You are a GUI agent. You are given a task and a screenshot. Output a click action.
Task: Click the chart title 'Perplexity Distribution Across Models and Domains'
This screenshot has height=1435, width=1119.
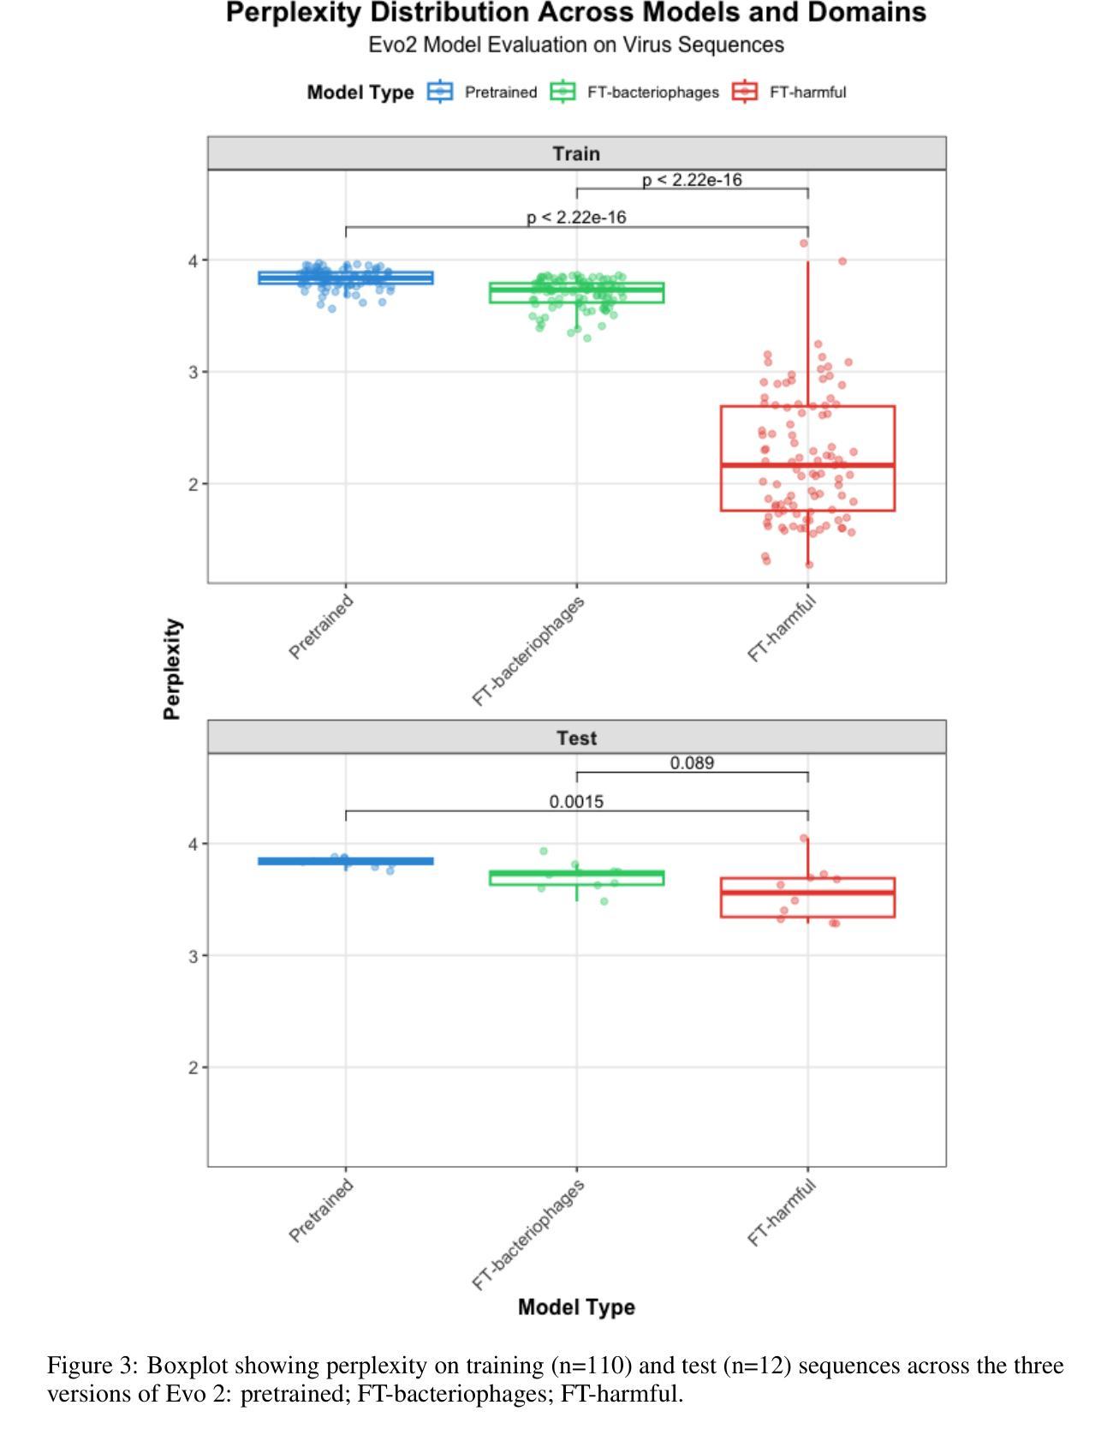click(x=575, y=14)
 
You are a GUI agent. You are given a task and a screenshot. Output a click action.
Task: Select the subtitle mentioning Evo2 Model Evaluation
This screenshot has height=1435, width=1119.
click(x=575, y=45)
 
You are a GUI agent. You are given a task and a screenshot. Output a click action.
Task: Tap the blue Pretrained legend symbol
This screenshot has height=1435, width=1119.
click(x=440, y=92)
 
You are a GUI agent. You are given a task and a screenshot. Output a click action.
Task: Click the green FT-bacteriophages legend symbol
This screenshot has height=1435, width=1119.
click(x=563, y=92)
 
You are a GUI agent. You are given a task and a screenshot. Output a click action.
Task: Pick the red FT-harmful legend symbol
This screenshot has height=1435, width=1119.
click(x=745, y=92)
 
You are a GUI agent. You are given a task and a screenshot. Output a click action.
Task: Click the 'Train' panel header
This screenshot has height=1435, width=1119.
click(x=576, y=154)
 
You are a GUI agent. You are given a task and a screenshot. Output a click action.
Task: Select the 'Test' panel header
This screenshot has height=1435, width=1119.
click(x=576, y=738)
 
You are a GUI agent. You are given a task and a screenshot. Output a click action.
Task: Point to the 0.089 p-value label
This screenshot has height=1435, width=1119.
click(x=692, y=762)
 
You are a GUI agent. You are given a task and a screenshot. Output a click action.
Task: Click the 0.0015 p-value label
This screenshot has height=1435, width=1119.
click(x=576, y=802)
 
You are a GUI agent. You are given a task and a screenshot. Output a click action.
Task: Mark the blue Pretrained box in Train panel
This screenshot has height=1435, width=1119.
click(x=346, y=278)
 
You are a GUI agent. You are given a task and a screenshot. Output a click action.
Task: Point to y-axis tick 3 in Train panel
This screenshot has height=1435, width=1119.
click(x=194, y=372)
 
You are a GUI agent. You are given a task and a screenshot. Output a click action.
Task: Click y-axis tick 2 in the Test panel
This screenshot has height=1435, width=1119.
click(x=194, y=1067)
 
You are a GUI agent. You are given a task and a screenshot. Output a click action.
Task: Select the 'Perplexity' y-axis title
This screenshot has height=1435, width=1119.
click(x=173, y=668)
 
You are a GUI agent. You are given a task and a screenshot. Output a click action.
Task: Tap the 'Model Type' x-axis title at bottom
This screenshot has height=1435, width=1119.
click(x=576, y=1307)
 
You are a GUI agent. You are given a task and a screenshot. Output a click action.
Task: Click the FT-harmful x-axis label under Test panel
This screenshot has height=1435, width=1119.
click(x=782, y=1213)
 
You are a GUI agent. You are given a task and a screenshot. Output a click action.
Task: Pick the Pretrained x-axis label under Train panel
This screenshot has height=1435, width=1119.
click(x=321, y=628)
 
